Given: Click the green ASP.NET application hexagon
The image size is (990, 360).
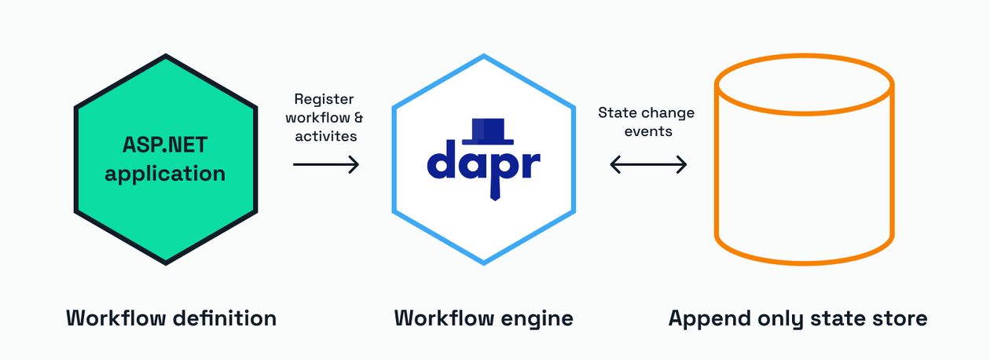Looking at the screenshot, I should click(165, 204).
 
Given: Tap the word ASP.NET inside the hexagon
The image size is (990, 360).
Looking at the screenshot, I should click(165, 145).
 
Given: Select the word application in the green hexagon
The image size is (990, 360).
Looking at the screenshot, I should click(165, 174).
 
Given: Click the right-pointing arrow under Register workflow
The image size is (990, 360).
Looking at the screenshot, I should click(325, 164).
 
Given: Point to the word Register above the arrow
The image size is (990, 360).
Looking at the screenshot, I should click(324, 99).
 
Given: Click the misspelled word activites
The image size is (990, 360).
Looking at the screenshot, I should click(325, 136).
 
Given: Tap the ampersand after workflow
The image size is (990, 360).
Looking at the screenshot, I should click(358, 117).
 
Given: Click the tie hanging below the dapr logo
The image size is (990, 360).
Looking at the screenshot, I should click(494, 189).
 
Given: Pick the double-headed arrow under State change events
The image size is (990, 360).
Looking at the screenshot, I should click(648, 164).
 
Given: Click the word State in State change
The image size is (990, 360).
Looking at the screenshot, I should click(617, 112).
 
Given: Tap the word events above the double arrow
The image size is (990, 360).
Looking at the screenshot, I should click(648, 131).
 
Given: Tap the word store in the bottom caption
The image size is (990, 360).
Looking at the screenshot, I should click(900, 318).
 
